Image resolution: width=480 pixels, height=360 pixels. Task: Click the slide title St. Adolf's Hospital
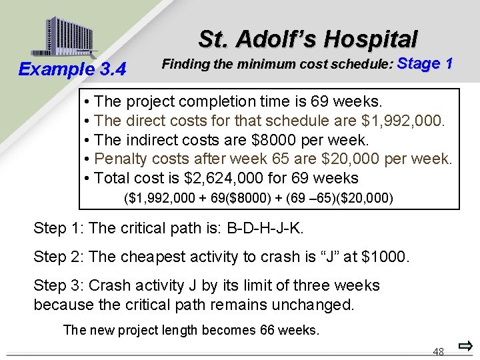click(x=307, y=39)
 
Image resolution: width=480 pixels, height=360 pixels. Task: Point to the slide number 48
click(x=438, y=351)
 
